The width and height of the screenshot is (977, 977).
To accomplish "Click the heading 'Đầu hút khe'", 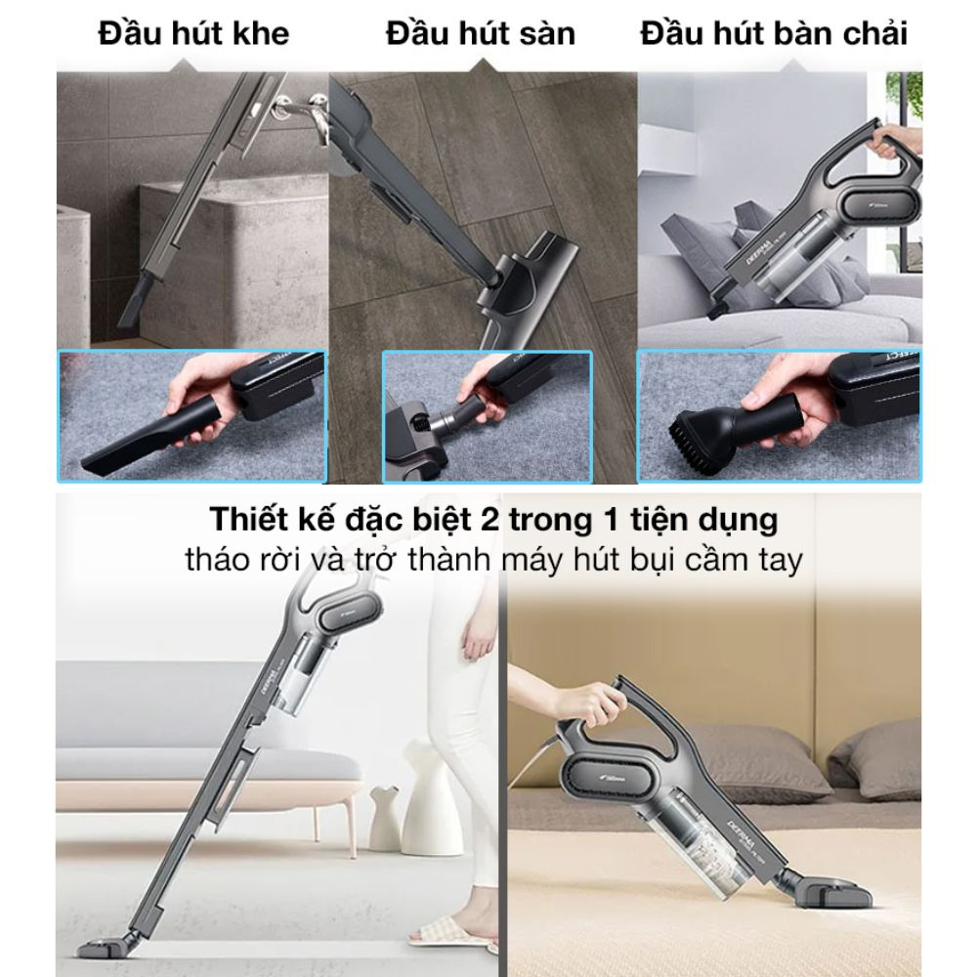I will coord(193,33).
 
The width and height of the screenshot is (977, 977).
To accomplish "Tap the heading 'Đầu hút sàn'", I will coord(481,33).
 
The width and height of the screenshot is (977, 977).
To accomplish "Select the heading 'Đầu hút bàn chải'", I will coord(774,33).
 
